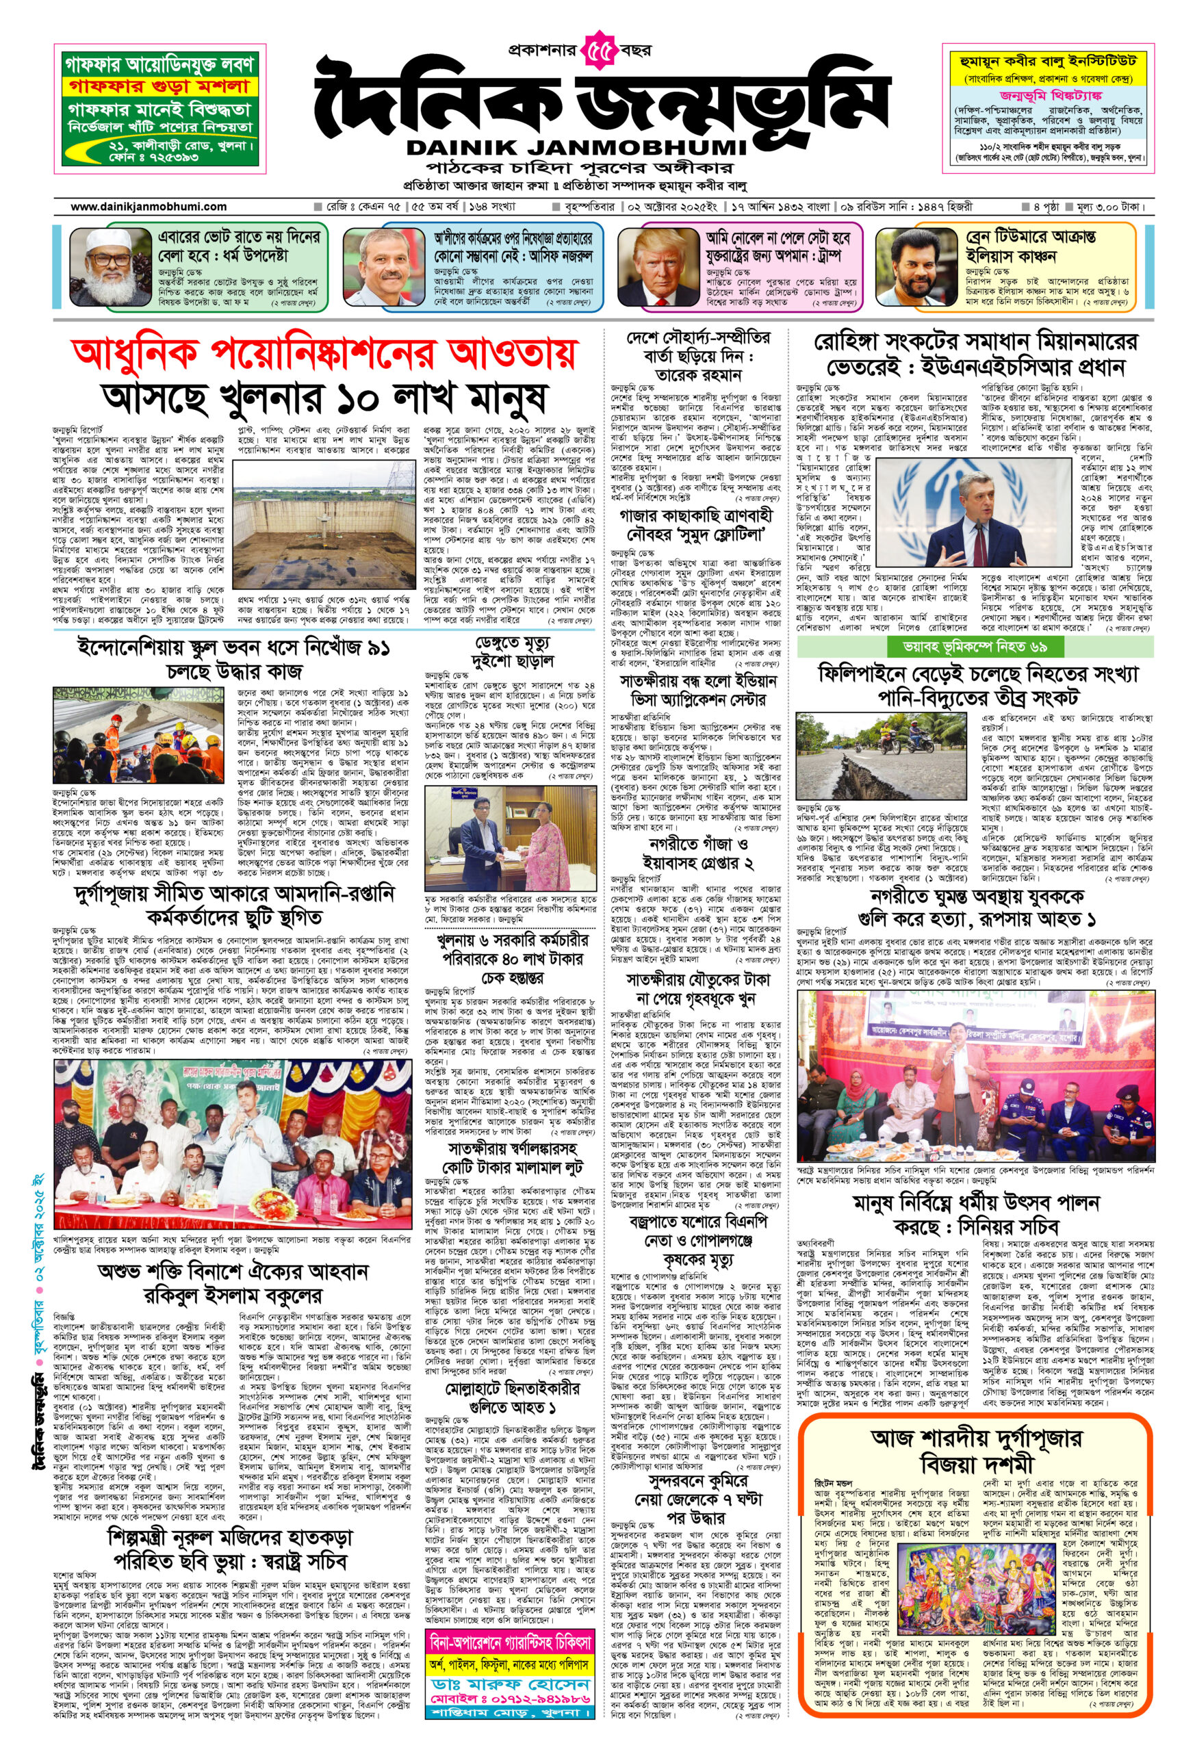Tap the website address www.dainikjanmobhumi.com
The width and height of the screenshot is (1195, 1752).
[x=149, y=206]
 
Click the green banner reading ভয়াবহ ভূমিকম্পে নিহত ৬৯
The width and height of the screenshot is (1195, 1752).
[x=975, y=646]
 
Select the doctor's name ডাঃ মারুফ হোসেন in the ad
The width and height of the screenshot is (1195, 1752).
[x=511, y=1656]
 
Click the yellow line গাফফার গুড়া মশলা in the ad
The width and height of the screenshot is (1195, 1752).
[x=160, y=86]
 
